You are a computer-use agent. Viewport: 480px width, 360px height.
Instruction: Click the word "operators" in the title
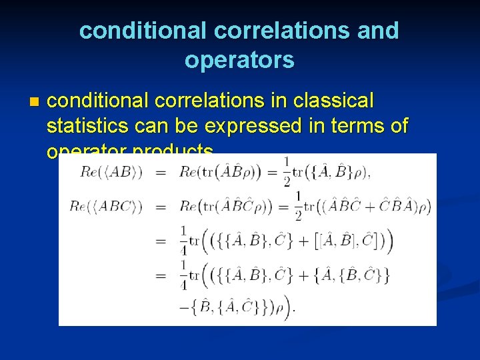point(239,60)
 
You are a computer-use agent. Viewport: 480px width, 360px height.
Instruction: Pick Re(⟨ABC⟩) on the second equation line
point(106,207)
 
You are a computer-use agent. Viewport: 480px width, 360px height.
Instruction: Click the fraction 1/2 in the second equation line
point(297,206)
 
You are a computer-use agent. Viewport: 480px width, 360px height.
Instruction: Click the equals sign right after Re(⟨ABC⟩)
point(161,207)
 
